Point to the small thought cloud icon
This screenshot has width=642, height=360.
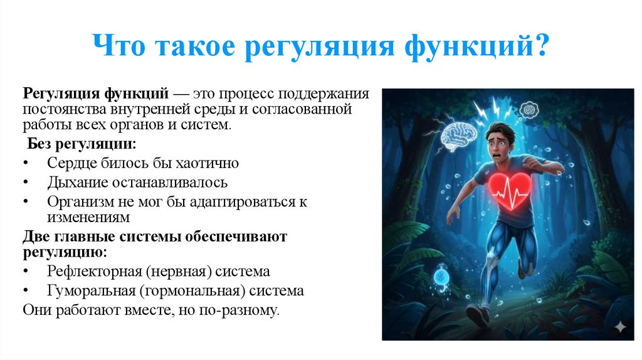529,109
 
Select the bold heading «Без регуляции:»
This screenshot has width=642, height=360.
82,144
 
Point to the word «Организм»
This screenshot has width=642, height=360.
78,203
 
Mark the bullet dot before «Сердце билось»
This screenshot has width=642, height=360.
25,164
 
